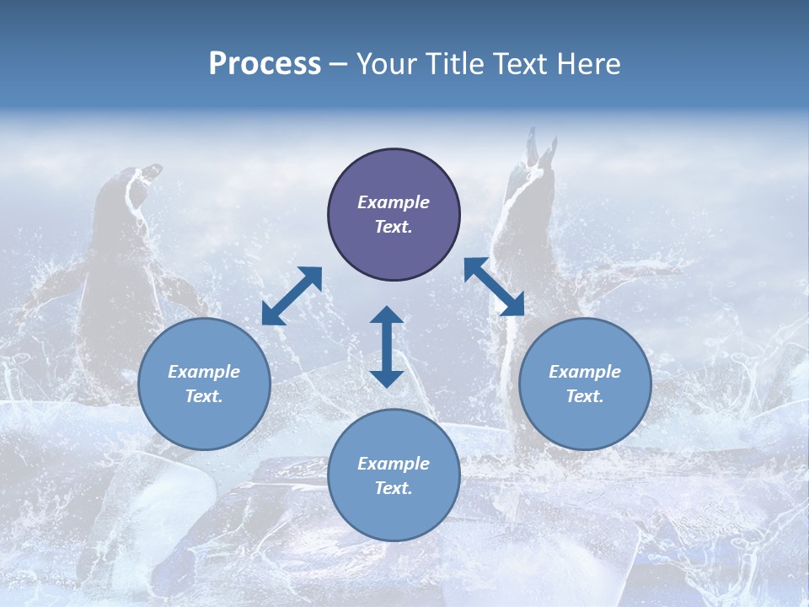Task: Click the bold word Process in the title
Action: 265,64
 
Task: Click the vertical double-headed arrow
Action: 387,346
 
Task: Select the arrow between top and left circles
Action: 292,296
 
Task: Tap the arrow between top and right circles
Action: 494,287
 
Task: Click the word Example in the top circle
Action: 394,202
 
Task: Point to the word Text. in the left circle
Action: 204,396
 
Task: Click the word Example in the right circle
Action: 585,372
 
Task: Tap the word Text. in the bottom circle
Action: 394,488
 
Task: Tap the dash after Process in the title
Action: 338,64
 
